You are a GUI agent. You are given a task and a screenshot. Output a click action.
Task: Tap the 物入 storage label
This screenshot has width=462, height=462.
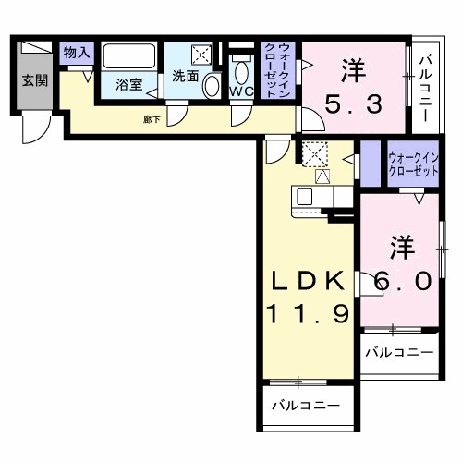point(76,53)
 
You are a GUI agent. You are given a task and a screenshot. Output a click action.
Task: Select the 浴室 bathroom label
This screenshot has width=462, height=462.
point(129,85)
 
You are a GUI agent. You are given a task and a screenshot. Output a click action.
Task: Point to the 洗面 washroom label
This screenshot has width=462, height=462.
point(185,77)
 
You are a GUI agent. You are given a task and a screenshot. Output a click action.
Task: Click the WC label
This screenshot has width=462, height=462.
point(241,91)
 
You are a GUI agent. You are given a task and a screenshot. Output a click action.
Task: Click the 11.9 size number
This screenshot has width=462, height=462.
point(308,315)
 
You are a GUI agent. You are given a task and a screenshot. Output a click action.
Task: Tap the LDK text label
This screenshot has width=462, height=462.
point(308,280)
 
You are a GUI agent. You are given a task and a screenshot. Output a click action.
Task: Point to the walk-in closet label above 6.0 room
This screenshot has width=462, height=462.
point(412,164)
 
